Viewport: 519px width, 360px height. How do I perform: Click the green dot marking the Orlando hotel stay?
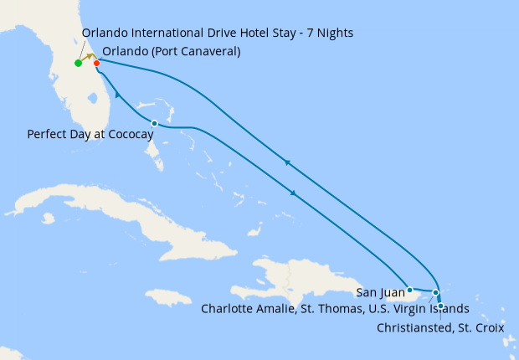point(78,63)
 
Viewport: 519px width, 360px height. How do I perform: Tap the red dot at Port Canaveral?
point(97,63)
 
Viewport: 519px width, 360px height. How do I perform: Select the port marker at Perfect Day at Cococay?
point(154,124)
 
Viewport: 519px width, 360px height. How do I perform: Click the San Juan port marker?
point(409,290)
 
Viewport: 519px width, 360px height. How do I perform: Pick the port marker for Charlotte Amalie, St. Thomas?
point(435,292)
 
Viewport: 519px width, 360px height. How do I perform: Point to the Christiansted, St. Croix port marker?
point(440,306)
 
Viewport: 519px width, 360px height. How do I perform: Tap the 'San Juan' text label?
point(378,292)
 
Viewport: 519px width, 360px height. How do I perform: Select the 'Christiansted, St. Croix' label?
point(439,327)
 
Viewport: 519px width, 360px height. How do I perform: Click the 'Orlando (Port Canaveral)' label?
point(172,51)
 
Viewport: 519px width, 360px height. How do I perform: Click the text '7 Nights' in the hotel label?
point(329,33)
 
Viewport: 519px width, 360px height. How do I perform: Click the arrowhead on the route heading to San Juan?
point(294,193)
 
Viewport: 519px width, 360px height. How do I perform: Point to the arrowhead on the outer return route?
point(287,162)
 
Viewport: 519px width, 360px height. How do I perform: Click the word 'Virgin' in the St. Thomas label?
point(417,309)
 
